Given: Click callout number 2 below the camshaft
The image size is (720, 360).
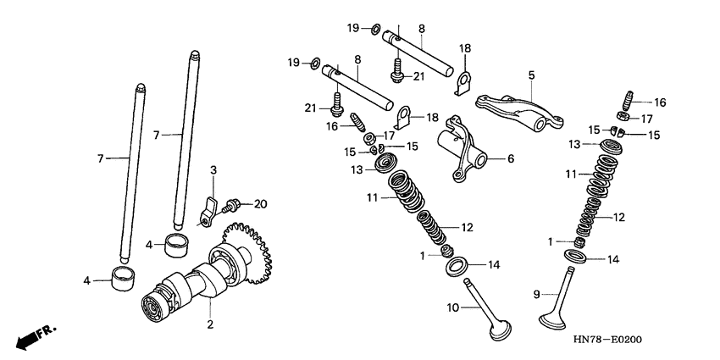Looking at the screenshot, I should [211, 324].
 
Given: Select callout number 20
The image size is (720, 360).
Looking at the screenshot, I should [260, 203].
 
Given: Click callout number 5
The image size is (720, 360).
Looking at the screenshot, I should [531, 75].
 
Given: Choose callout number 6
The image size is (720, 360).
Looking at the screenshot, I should [511, 158].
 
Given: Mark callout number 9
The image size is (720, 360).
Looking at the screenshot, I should [535, 294].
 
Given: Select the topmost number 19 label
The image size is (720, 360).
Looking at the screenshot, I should [353, 28].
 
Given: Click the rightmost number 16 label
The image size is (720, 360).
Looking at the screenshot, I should [660, 102].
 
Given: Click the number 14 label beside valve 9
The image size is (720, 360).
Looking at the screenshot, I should [613, 259].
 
